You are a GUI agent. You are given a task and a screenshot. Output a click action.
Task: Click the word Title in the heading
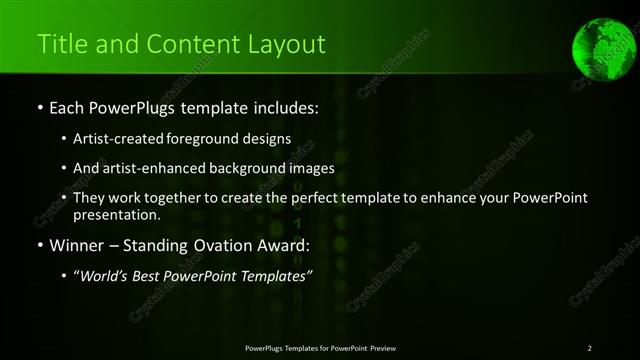click(62, 44)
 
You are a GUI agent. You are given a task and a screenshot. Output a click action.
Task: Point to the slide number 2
click(590, 348)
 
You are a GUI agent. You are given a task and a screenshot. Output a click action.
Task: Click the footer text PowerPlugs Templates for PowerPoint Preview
click(320, 348)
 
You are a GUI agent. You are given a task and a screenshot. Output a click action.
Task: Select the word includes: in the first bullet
click(281, 106)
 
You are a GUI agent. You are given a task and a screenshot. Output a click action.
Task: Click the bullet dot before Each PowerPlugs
click(39, 107)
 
